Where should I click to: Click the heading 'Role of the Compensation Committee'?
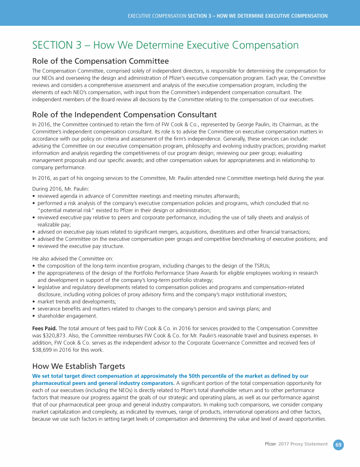100,61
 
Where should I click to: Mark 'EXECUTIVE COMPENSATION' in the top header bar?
157,16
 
